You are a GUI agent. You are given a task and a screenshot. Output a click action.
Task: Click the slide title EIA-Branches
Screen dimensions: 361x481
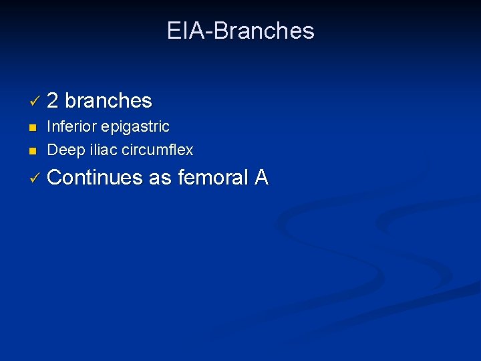click(x=240, y=31)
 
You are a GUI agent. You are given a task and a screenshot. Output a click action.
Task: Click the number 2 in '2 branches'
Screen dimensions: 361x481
click(x=53, y=101)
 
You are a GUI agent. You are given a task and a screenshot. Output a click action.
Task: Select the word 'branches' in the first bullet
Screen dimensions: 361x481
click(x=109, y=101)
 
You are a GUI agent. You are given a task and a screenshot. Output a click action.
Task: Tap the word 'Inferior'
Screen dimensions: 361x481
click(x=71, y=127)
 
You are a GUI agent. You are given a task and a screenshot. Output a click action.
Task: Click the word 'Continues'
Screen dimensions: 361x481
click(x=96, y=178)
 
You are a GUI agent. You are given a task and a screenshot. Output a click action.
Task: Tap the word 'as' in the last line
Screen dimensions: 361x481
click(x=160, y=178)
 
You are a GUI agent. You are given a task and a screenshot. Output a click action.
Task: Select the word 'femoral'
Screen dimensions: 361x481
click(x=213, y=178)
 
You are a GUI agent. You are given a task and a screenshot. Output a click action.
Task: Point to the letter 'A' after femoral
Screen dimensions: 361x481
click(x=261, y=178)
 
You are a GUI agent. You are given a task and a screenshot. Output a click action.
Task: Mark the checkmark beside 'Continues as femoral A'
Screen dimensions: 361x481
click(x=35, y=179)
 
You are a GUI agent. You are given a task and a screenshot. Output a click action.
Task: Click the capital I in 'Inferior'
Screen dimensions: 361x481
click(x=49, y=127)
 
